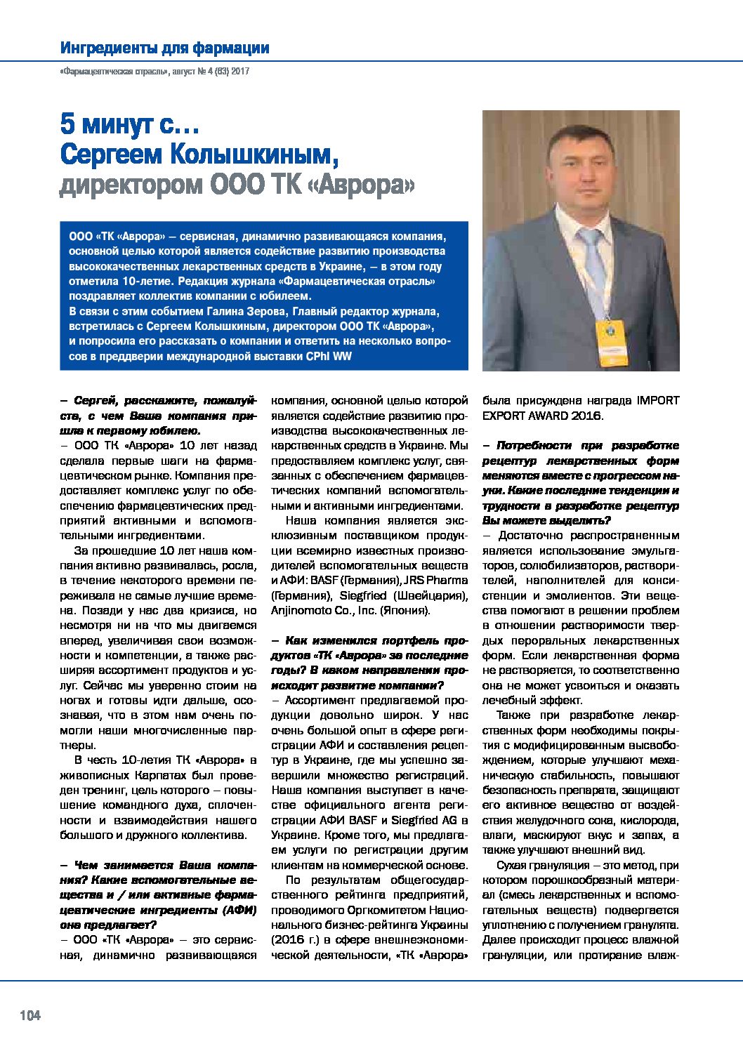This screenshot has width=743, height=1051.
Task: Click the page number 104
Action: click(x=30, y=1015)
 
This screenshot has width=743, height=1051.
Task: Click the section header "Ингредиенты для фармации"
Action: click(x=165, y=48)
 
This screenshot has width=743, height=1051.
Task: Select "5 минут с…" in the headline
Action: click(x=130, y=125)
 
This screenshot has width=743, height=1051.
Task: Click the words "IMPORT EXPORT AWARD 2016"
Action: click(x=580, y=408)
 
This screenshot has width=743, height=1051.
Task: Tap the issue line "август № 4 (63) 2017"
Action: click(x=211, y=71)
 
